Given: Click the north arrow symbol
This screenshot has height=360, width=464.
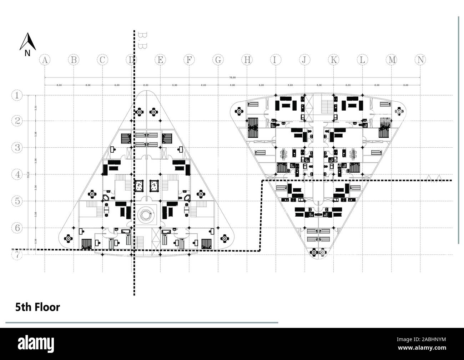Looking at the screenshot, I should coord(27,42).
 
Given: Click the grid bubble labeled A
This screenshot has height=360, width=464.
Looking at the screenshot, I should coord(44,60).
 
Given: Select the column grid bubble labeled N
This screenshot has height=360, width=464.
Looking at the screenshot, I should coord(420,60).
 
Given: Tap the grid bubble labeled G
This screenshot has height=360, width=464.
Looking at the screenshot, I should coord(218,60).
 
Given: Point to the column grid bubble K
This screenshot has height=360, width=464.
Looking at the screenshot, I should coord(333,60).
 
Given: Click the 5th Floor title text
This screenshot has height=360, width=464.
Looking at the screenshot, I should coord(37,307).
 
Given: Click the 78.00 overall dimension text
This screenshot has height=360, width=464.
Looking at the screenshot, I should coord(232,78).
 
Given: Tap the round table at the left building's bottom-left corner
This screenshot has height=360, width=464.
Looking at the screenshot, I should coord(68,238).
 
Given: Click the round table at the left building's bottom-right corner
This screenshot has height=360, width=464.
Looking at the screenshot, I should coord(225,238).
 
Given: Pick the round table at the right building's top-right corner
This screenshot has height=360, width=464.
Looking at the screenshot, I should coord(399,112).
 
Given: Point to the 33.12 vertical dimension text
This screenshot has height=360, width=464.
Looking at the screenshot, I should coord(28,175).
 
